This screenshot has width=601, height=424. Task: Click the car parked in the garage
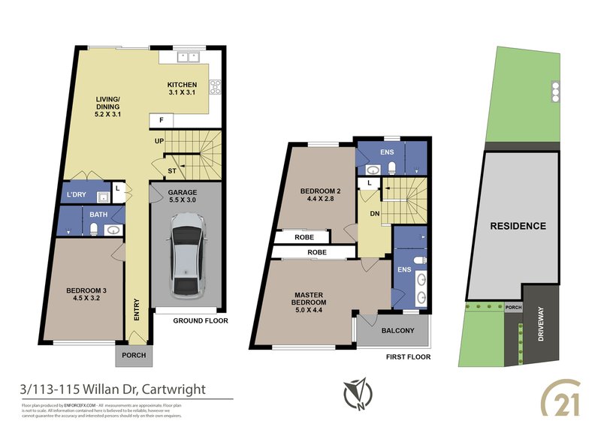point(185,254)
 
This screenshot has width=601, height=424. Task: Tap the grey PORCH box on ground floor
point(133,355)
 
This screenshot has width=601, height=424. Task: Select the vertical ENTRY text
point(137,311)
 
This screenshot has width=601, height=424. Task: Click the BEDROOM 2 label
point(321,195)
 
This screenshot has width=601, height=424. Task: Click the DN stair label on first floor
point(373,213)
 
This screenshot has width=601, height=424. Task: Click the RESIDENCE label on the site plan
point(518,226)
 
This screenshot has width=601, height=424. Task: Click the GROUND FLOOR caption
point(201,320)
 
